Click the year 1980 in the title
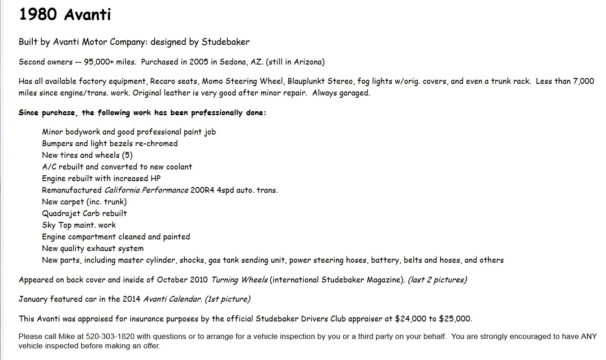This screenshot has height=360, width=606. (38, 15)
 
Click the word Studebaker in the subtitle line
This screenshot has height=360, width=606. (225, 42)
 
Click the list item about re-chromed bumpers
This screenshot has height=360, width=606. (110, 143)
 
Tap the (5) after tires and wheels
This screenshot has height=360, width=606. (127, 155)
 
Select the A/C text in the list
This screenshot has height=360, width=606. (49, 167)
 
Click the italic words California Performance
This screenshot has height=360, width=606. (146, 190)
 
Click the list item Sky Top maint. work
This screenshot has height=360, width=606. (79, 225)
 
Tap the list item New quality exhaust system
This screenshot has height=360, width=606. (93, 248)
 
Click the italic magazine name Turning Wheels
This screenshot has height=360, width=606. (239, 280)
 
